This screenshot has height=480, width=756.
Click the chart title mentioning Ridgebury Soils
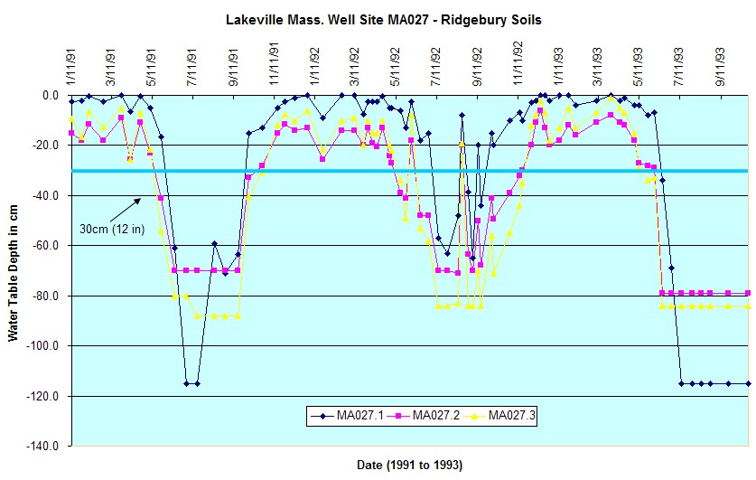385,20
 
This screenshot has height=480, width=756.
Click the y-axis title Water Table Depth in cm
14,271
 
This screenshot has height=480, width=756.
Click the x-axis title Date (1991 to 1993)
409,465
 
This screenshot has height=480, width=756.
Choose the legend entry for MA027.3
513,416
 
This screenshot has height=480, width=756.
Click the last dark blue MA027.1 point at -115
748,383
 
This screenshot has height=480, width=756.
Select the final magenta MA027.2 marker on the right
748,293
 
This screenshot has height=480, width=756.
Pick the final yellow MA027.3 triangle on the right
748,306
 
